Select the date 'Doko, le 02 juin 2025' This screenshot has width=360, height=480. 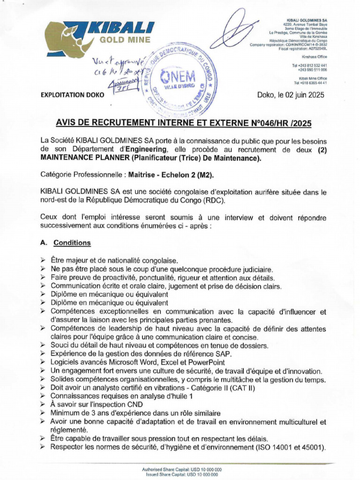click(291, 95)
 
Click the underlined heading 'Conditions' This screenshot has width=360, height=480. click(72, 243)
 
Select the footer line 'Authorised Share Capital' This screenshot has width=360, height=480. click(182, 469)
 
